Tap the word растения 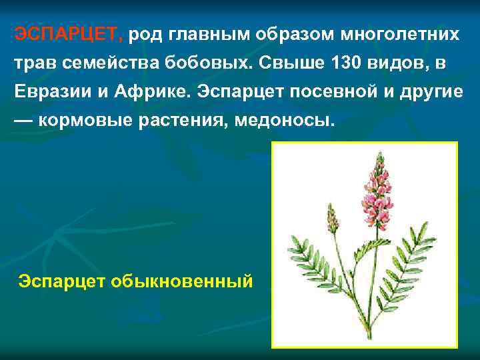tap(189, 121)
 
